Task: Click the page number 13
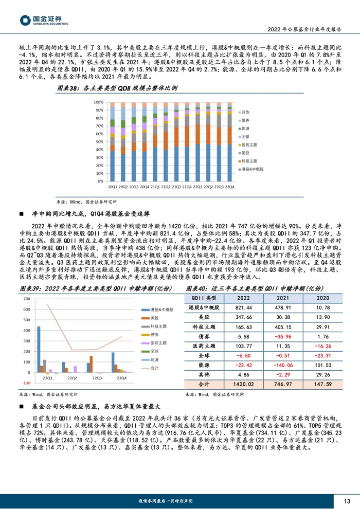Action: click(347, 501)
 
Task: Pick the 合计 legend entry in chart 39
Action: click(155, 368)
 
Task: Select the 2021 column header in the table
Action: click(280, 297)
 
